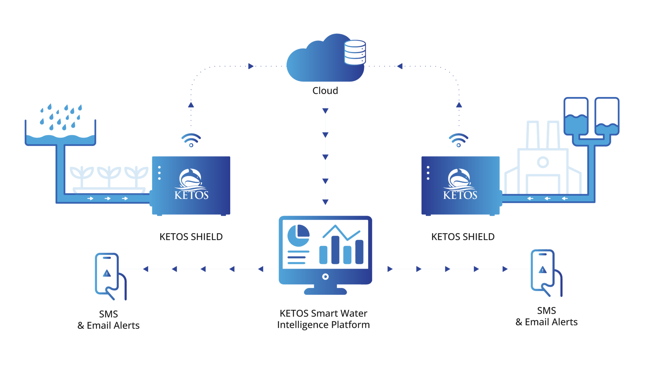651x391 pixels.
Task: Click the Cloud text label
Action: (325, 91)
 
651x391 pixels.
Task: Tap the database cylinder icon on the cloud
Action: (355, 52)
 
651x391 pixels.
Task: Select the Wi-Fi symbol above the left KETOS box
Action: (191, 140)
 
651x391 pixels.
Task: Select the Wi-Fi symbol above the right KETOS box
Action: (458, 140)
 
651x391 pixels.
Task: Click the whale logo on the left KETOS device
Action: (190, 179)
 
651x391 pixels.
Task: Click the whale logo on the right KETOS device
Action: (459, 179)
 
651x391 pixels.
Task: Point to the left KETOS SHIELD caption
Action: (191, 237)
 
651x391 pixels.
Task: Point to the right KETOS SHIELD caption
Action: (463, 237)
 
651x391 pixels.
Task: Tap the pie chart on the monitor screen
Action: (298, 236)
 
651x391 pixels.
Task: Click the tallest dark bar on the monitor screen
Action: (335, 250)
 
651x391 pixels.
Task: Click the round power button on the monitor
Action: (325, 277)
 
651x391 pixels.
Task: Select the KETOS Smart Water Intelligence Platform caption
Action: (323, 319)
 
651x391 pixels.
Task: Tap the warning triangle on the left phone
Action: (107, 273)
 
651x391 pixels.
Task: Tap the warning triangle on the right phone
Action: (542, 270)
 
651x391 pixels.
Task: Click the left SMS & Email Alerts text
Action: (108, 320)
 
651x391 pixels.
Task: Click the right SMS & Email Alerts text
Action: (546, 316)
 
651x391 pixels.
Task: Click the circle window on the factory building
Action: (543, 162)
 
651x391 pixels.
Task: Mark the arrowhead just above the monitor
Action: (325, 202)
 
